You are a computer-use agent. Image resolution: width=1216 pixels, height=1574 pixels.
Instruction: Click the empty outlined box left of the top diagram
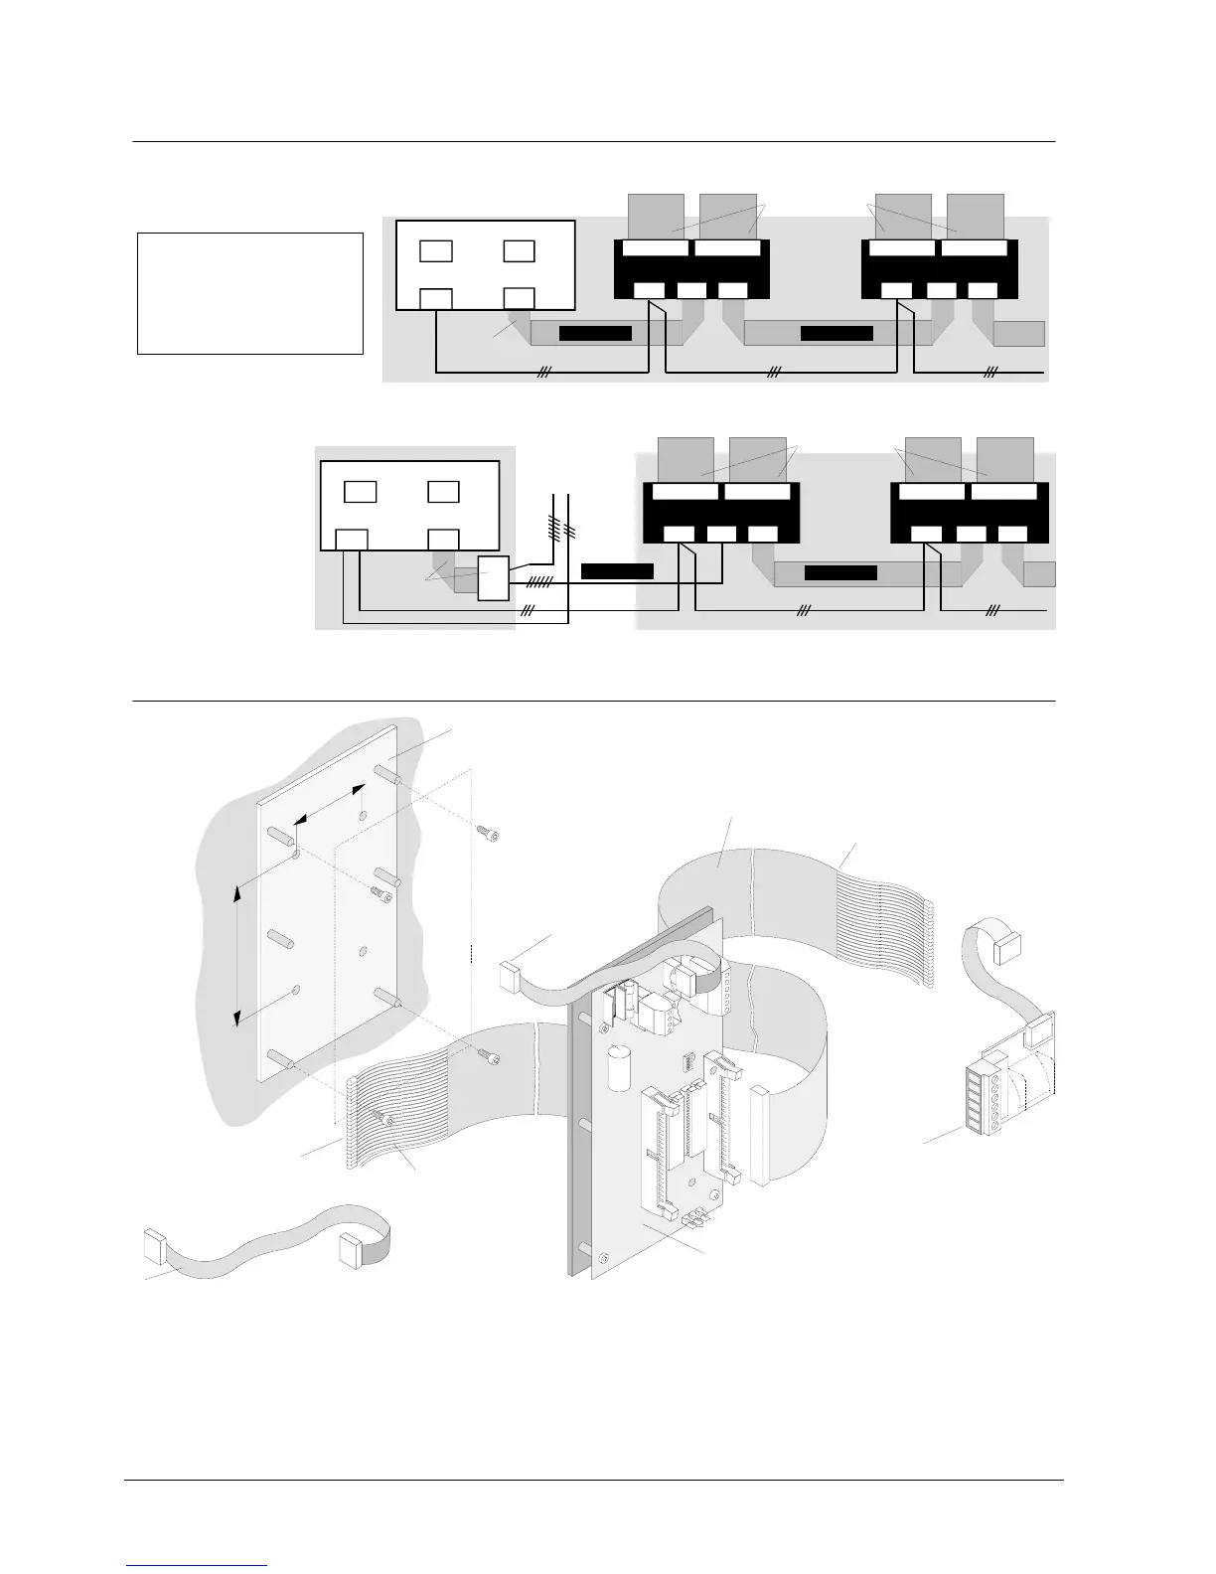pyautogui.click(x=249, y=293)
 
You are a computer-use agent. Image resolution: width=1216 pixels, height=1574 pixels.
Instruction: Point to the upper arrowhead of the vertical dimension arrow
pyautogui.click(x=237, y=893)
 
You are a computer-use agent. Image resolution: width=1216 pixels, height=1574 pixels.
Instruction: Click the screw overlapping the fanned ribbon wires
pyautogui.click(x=387, y=1120)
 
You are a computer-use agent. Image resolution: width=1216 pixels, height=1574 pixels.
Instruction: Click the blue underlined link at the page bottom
pyautogui.click(x=198, y=1565)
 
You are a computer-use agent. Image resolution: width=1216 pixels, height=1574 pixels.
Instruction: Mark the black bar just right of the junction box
pyautogui.click(x=617, y=571)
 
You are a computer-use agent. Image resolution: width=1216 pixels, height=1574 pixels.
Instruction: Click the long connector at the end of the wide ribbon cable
pyautogui.click(x=760, y=1136)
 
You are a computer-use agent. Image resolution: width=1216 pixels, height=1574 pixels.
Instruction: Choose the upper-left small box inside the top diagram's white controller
pyautogui.click(x=436, y=249)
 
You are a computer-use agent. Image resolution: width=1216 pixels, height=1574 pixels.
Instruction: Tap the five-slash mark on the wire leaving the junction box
pyautogui.click(x=537, y=580)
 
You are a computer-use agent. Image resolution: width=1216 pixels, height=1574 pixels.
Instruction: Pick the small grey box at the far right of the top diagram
pyautogui.click(x=1019, y=333)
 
